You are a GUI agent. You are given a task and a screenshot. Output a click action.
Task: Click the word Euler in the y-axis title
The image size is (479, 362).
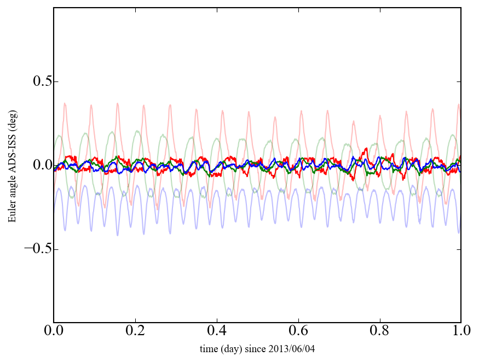(x=12, y=214)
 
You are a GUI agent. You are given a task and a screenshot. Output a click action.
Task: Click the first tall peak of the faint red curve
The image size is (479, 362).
(x=65, y=103)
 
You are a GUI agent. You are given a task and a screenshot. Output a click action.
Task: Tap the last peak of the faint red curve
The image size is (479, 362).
(x=459, y=105)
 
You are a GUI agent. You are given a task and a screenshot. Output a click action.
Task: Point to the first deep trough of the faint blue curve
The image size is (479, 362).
(x=65, y=230)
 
